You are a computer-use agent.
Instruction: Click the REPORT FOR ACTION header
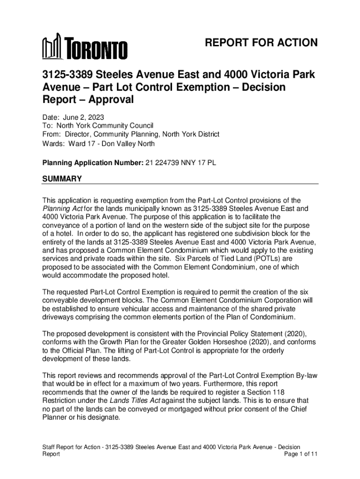(x=261, y=44)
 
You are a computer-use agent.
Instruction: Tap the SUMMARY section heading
(x=62, y=179)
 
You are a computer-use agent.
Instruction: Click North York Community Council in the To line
(x=105, y=126)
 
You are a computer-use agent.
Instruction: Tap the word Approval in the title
(x=111, y=100)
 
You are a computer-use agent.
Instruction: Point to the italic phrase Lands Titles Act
(x=133, y=400)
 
